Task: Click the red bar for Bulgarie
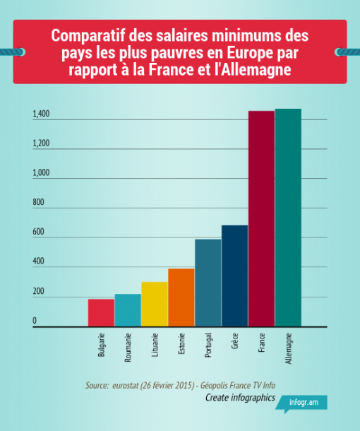click(x=101, y=312)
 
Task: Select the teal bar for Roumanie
click(x=128, y=310)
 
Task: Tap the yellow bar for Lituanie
click(x=155, y=304)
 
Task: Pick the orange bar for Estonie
click(x=181, y=297)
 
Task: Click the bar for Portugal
click(x=208, y=283)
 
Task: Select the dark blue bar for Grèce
click(x=234, y=276)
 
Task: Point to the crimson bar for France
click(x=261, y=219)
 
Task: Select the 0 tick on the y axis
click(x=34, y=321)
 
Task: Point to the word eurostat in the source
click(x=128, y=385)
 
